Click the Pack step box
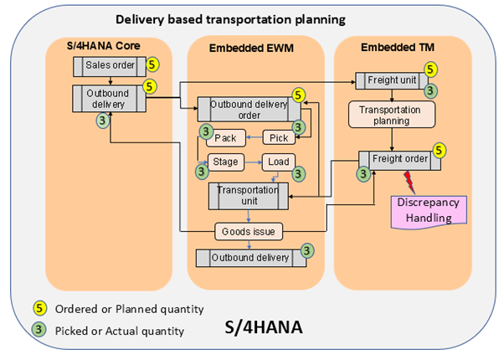[x=227, y=137]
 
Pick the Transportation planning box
[x=390, y=115]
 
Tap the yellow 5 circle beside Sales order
[x=151, y=63]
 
